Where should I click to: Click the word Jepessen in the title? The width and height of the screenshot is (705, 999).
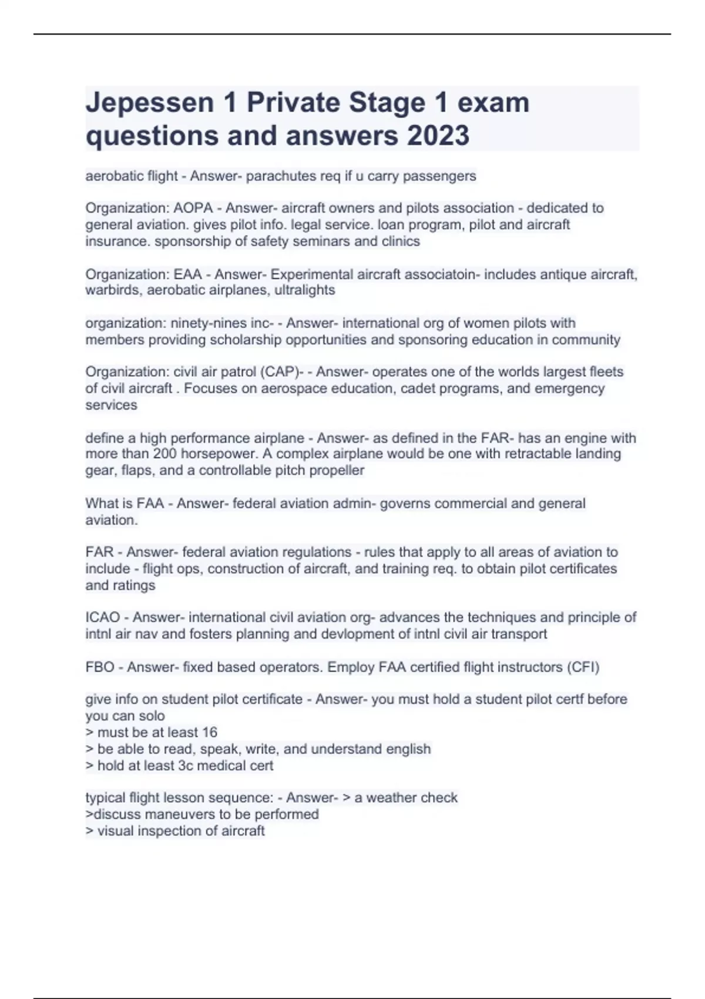[150, 103]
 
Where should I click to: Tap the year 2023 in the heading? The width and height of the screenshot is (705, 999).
[438, 136]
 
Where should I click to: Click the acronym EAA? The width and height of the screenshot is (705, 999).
[188, 274]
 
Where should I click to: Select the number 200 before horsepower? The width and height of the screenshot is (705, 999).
[165, 454]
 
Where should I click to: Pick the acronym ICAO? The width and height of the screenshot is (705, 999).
[103, 618]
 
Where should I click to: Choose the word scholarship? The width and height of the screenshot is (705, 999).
[246, 340]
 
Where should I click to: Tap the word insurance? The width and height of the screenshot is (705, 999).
[117, 242]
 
